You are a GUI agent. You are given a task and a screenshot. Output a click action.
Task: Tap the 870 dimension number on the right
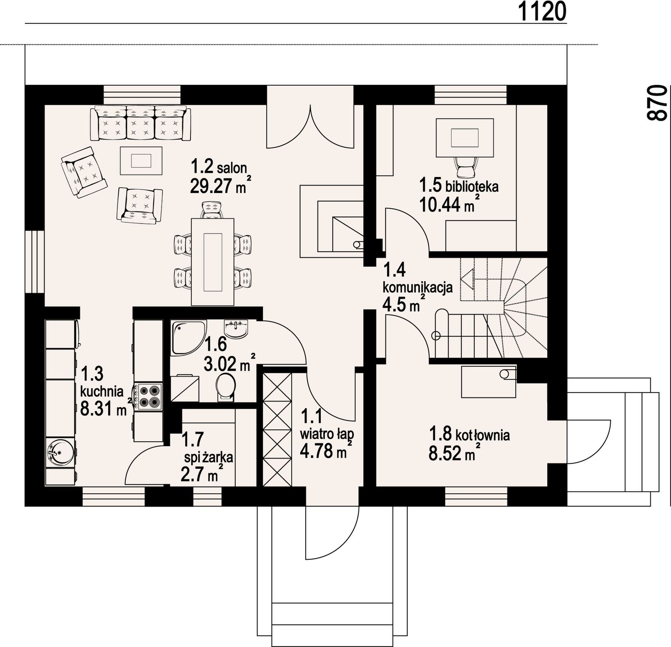[657, 102]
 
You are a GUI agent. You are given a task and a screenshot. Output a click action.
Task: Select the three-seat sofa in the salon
[140, 123]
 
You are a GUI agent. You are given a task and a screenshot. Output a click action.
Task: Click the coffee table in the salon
[141, 160]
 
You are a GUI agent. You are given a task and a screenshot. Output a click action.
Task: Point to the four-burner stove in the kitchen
[150, 396]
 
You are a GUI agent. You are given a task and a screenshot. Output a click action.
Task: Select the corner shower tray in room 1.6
[188, 337]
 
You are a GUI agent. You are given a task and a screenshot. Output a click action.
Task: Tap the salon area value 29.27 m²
[220, 185]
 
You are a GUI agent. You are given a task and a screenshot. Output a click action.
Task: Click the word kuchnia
[102, 391]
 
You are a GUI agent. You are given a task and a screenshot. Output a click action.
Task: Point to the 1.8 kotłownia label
[469, 434]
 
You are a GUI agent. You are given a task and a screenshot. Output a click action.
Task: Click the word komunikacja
[418, 287]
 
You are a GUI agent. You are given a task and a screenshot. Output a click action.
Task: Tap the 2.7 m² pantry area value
[202, 474]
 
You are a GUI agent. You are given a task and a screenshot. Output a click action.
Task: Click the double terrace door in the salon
[310, 117]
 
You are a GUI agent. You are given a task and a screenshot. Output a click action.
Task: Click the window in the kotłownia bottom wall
[476, 496]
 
